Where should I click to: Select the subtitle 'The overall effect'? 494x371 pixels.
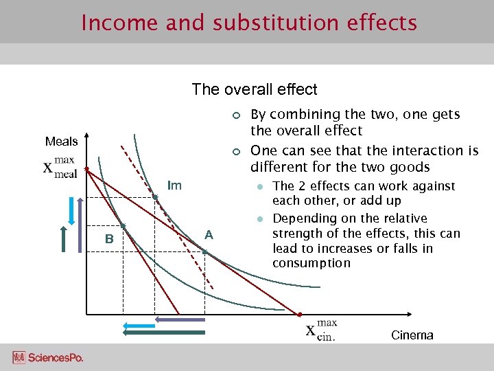[x=255, y=89]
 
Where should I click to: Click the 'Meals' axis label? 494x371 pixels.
[x=62, y=142]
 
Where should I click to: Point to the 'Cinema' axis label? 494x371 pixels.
[x=412, y=335]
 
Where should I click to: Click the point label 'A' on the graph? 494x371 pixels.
[x=209, y=235]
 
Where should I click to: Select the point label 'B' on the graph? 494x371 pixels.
[x=108, y=239]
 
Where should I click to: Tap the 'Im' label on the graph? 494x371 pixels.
[x=175, y=185]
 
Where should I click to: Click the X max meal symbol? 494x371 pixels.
[x=60, y=168]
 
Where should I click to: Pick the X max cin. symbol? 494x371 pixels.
[x=321, y=328]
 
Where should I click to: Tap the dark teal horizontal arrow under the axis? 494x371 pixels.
[x=165, y=333]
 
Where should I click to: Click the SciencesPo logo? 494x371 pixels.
[x=48, y=358]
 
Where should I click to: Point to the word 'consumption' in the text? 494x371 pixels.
[x=311, y=263]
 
